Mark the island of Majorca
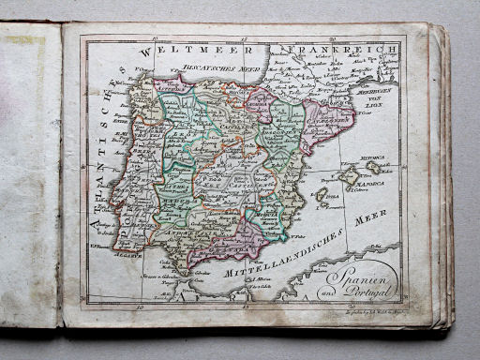coord(351,175)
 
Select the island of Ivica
coord(322,194)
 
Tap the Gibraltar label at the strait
coord(184,271)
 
